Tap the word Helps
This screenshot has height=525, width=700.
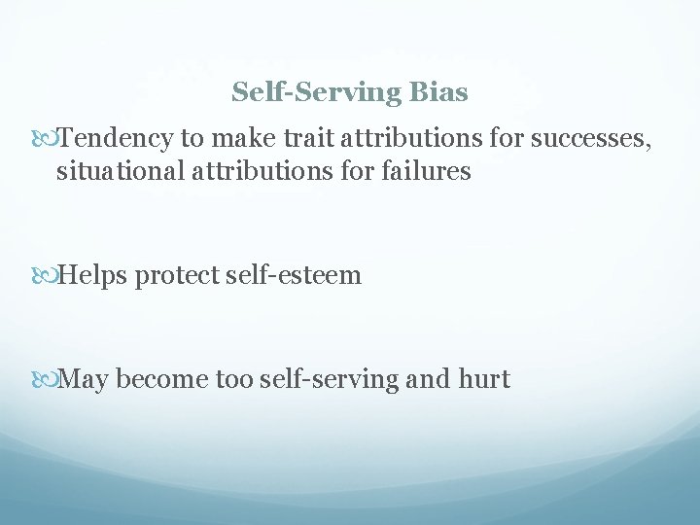click(93, 276)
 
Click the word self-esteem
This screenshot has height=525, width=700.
click(295, 276)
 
